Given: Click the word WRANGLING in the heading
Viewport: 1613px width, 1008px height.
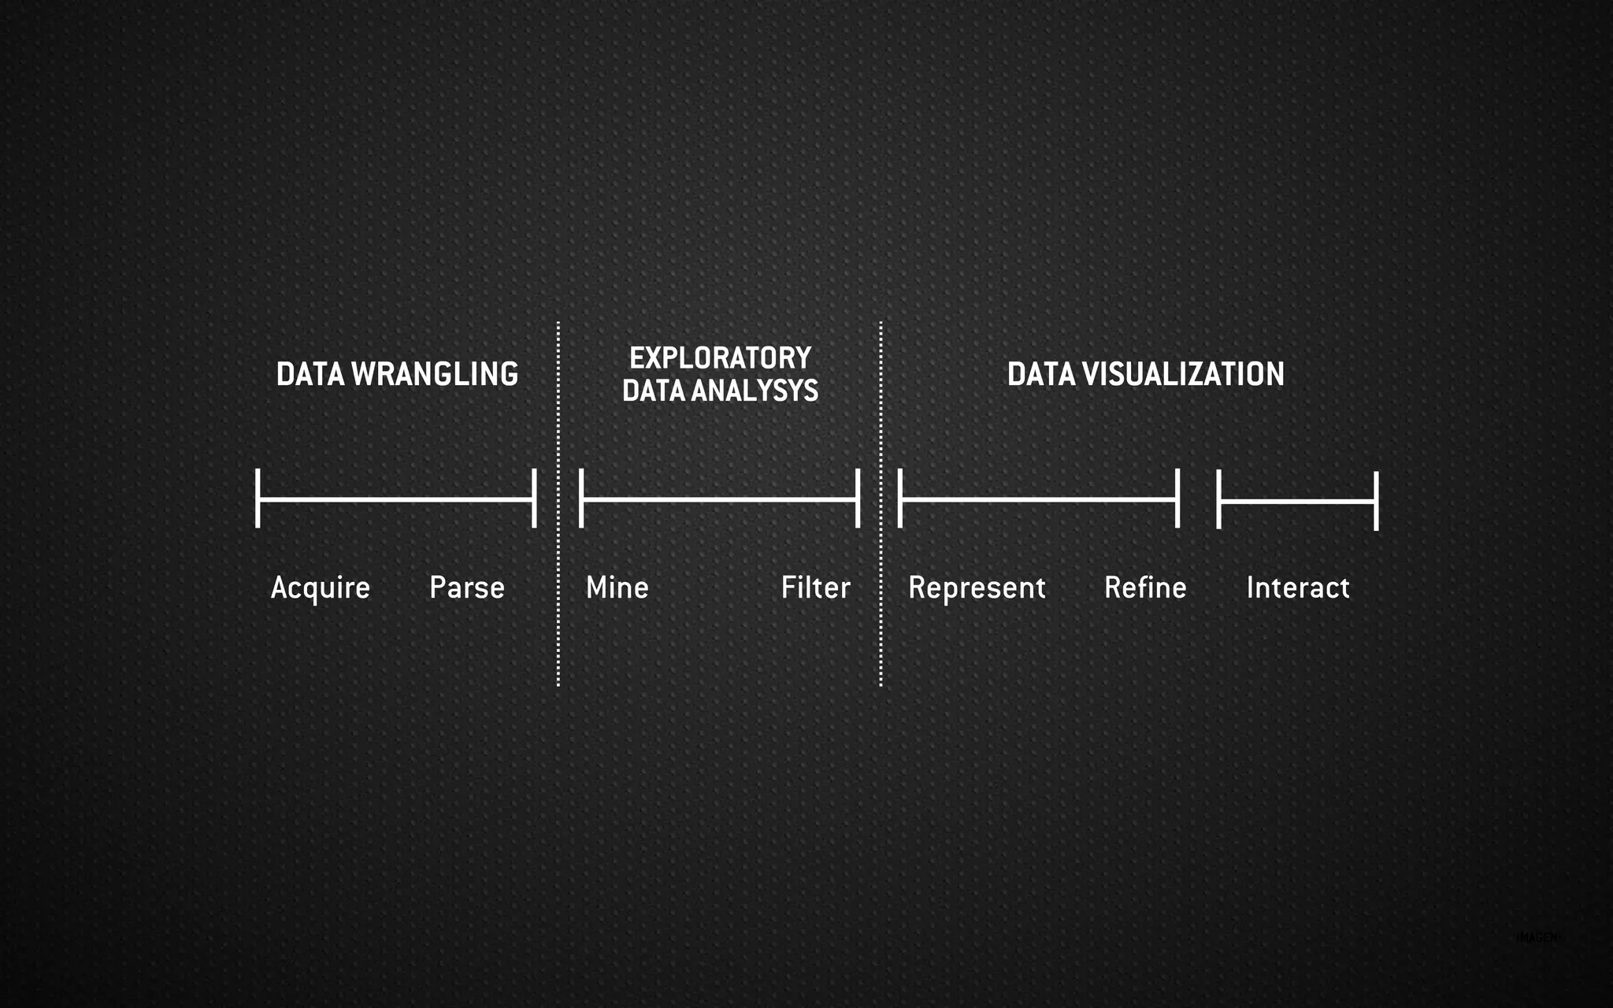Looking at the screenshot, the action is coord(435,374).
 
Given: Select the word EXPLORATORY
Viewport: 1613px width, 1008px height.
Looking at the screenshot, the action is coord(720,358).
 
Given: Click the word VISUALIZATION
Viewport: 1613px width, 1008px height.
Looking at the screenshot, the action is coord(1182,374).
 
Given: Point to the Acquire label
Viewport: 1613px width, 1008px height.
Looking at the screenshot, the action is coord(320,588).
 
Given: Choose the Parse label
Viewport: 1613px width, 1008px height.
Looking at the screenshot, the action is coord(466,587).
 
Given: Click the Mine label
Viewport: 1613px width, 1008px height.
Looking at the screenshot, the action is coord(617,587).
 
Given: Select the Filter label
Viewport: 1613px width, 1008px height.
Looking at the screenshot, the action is coord(815,587).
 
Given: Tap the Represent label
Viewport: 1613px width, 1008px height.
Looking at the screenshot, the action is coord(977,588).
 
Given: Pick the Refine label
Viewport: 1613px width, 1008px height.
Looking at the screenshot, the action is coord(1145,587).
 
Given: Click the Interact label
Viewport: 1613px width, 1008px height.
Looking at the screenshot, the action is coord(1298,587).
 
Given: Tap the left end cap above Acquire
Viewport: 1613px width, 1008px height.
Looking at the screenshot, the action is coord(258,498).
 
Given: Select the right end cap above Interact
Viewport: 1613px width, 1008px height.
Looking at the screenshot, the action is coord(1376,501).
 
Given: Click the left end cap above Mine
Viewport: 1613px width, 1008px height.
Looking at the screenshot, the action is coord(581,498).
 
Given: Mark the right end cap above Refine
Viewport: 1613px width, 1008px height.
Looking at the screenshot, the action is coord(1177,498).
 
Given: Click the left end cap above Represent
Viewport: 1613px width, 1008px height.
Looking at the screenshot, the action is coord(900,498).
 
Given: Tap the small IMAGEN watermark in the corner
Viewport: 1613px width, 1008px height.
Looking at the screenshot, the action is coord(1537,937).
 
